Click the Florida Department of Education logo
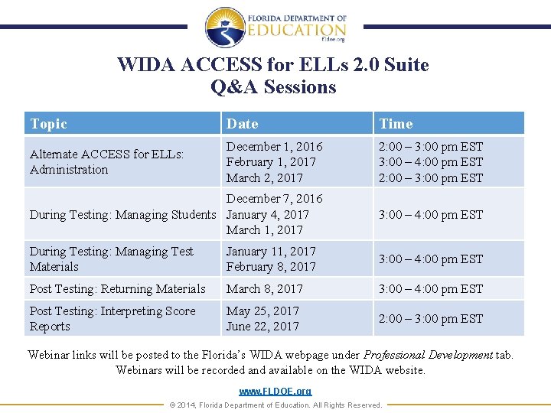[275, 28]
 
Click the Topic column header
[48, 124]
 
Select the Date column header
[242, 124]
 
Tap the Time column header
[396, 124]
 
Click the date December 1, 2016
[274, 146]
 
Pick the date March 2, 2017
[264, 178]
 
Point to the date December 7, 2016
[274, 199]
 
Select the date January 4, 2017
[267, 215]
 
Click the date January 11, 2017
[271, 251]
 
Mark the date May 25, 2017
[262, 311]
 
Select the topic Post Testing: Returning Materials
[117, 289]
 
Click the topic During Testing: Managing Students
[122, 215]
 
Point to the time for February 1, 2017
[431, 162]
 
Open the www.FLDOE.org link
[275, 392]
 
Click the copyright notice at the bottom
[275, 405]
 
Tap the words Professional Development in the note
[428, 355]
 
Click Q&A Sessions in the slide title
[273, 87]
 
